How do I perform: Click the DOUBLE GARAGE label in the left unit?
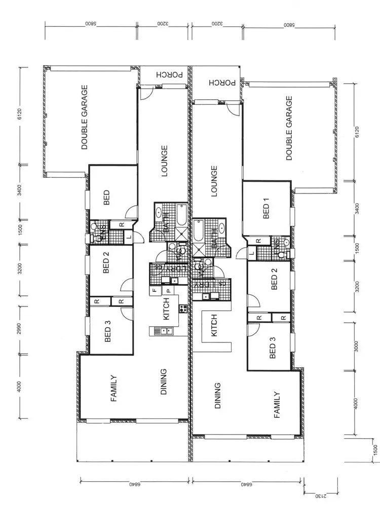coord(85,117)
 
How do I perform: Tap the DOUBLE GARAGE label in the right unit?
coord(289,128)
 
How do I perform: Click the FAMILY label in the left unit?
coord(114,388)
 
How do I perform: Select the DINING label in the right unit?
coord(216,396)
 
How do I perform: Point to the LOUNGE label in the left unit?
coord(164,162)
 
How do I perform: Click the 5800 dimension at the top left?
coord(90,24)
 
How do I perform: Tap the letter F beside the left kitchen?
coord(153,291)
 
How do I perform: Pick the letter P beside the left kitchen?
coord(167,291)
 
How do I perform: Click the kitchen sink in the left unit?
coord(163,331)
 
